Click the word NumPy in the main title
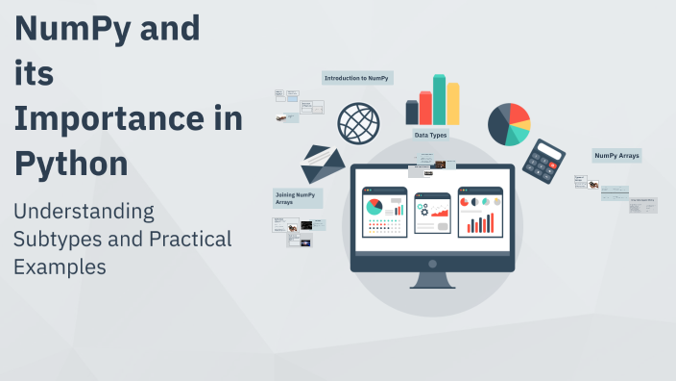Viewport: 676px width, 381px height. coord(72,29)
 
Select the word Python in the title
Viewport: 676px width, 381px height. coord(71,164)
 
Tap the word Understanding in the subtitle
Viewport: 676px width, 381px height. coord(83,211)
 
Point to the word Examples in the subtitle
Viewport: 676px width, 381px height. coord(60,267)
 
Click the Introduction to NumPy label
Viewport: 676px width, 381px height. coord(357,78)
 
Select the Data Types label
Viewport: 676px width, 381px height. coord(430,135)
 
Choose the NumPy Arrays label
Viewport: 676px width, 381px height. coord(616,155)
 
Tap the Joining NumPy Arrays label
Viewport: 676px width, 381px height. coord(296,198)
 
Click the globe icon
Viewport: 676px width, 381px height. coord(357,123)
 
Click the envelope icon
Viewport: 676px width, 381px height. coord(323,165)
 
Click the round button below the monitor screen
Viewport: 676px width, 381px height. coord(431,264)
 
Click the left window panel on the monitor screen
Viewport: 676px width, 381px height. coord(384,211)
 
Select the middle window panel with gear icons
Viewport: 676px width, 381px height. coord(432,211)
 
